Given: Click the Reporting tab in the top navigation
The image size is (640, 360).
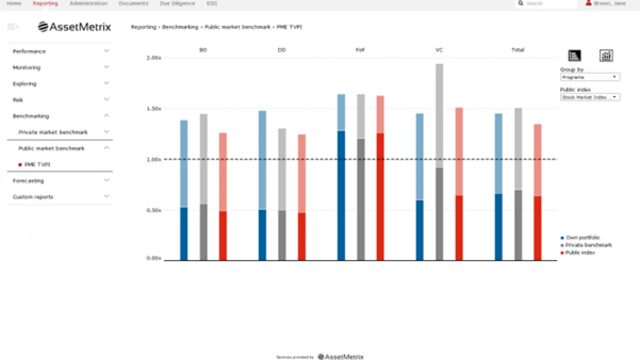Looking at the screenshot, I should coord(45,4).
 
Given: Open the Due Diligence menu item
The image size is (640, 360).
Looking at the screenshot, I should coord(177,4).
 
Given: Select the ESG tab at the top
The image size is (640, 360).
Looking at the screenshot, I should coord(212,4).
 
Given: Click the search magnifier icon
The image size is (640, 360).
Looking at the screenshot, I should coord(521,4).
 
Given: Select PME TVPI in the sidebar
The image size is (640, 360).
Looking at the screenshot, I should coord(37,164).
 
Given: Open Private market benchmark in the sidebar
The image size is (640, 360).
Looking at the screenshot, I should coord(53,132).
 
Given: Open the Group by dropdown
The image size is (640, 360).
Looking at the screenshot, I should coord(590,77).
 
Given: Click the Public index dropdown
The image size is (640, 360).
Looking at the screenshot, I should coord(590,97).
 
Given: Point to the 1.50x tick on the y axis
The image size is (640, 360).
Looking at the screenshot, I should coord(154,109).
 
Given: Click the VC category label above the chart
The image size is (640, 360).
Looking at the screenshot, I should coord(439,50).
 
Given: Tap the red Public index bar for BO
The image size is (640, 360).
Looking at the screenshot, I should coord(223,200).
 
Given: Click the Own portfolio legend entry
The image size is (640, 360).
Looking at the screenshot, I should coord(583,238).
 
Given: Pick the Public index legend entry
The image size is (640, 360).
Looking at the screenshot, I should coord(580,253).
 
